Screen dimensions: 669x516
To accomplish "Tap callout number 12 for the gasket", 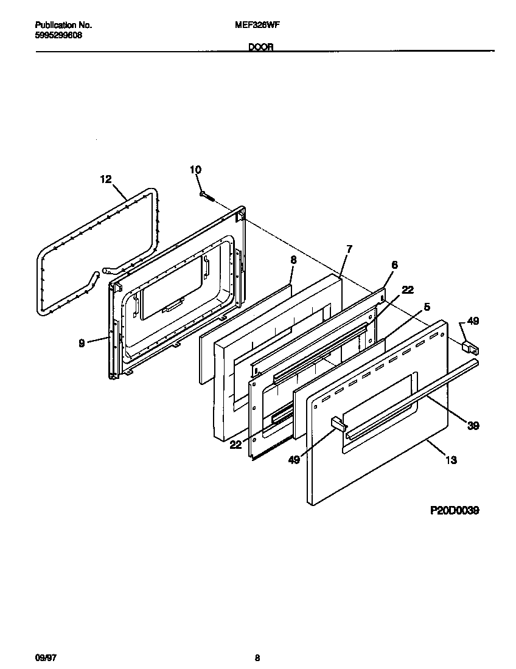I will pyautogui.click(x=106, y=179).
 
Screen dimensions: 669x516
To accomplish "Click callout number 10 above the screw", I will pyautogui.click(x=195, y=170).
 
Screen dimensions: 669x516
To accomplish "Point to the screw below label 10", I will pyautogui.click(x=207, y=195).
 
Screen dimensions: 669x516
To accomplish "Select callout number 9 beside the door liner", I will pyautogui.click(x=82, y=343).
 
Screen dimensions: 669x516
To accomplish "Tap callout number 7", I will pyautogui.click(x=349, y=249).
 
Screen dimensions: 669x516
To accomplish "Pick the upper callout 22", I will pyautogui.click(x=408, y=289).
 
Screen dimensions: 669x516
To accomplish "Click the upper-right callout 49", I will pyautogui.click(x=473, y=322).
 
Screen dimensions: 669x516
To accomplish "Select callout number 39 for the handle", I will pyautogui.click(x=473, y=426).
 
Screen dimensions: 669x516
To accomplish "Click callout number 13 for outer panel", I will pyautogui.click(x=451, y=460).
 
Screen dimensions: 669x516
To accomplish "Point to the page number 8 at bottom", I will pyautogui.click(x=257, y=657).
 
